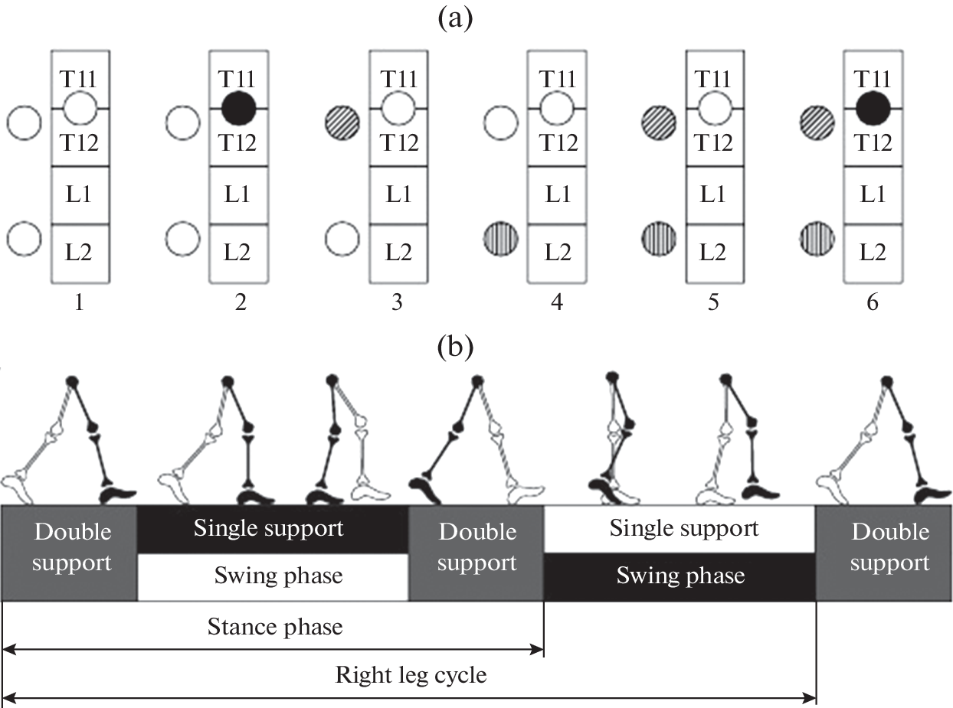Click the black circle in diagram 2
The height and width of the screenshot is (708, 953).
pyautogui.click(x=238, y=109)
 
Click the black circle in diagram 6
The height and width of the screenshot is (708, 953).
pyautogui.click(x=872, y=109)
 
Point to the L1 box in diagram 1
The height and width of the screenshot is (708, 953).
pyautogui.click(x=80, y=195)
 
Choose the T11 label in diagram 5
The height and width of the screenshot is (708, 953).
pyautogui.click(x=714, y=79)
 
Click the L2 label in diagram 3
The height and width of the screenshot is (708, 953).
pyautogui.click(x=398, y=252)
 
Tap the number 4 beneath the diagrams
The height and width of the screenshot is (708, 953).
pyautogui.click(x=557, y=303)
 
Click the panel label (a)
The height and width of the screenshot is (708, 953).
pyautogui.click(x=454, y=16)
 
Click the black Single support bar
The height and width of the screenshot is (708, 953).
pyautogui.click(x=273, y=528)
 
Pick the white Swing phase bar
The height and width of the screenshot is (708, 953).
pyautogui.click(x=273, y=576)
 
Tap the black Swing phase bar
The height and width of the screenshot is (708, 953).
pyautogui.click(x=680, y=576)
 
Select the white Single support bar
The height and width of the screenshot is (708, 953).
pyautogui.click(x=680, y=528)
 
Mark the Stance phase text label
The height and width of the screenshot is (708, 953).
pyautogui.click(x=274, y=628)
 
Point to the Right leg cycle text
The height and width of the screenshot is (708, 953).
pyautogui.click(x=411, y=676)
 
